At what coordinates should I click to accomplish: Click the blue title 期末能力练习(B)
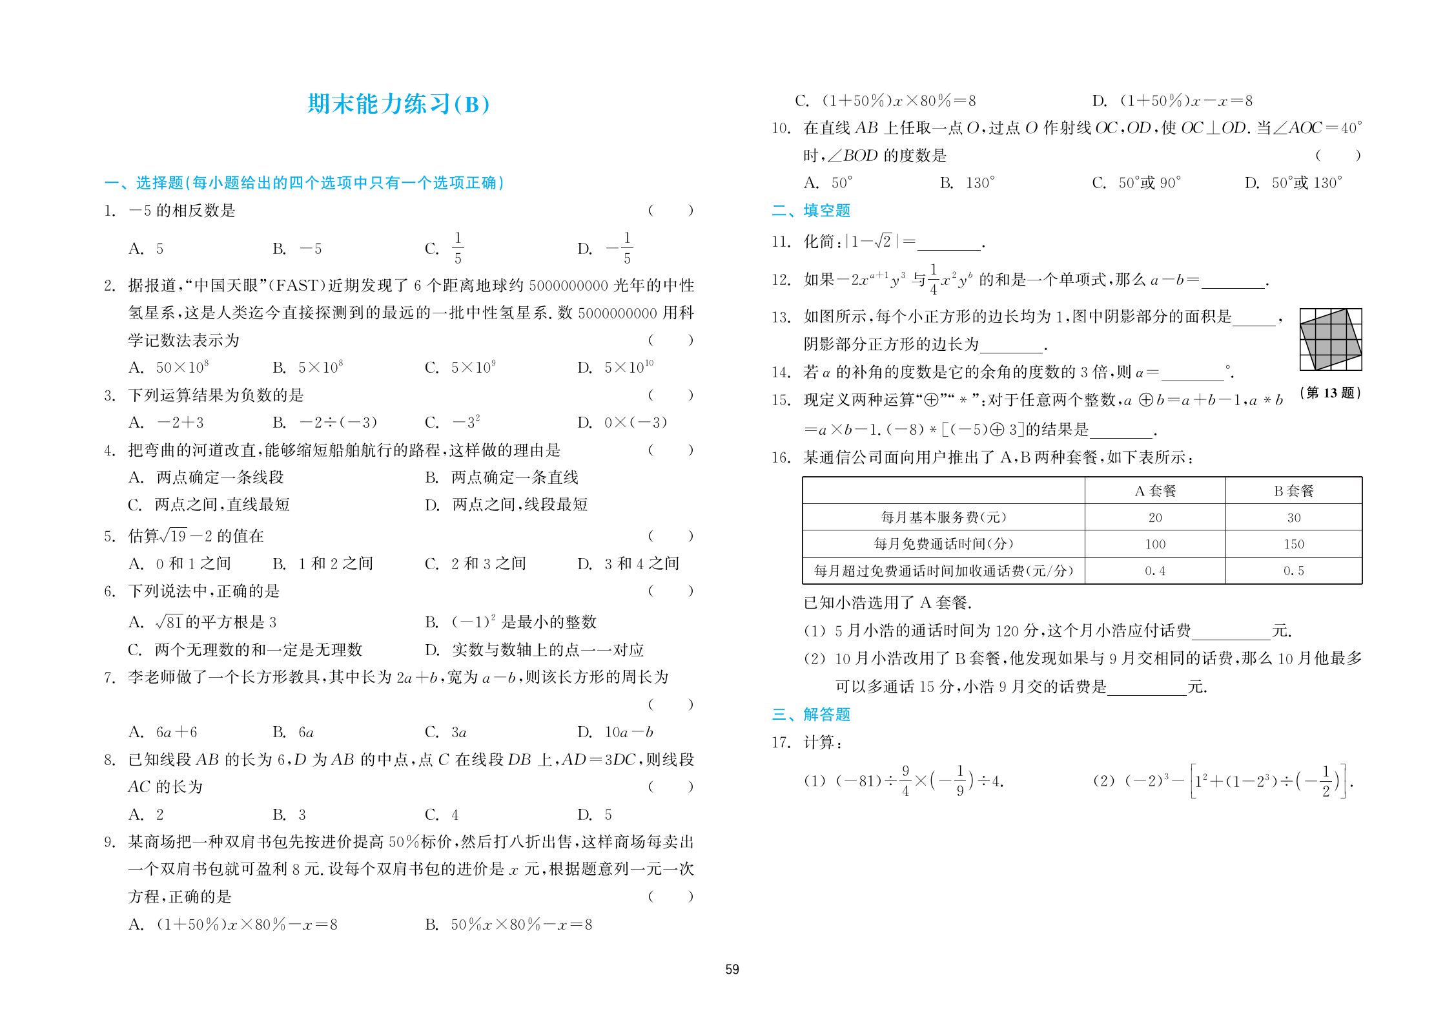[x=398, y=104]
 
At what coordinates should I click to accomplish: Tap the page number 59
[x=732, y=969]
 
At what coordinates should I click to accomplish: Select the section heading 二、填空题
[x=811, y=211]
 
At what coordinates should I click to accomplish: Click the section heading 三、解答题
[x=811, y=715]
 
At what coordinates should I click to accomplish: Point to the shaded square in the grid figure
[x=1330, y=339]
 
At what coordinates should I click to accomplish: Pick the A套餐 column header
[x=1155, y=491]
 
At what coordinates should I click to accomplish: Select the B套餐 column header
[x=1293, y=491]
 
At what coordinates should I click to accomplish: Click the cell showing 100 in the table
[x=1155, y=544]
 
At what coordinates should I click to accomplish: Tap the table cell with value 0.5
[x=1293, y=571]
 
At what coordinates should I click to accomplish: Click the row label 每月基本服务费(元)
[x=943, y=518]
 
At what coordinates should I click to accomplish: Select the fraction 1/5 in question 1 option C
[x=458, y=248]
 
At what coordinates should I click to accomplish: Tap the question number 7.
[x=109, y=678]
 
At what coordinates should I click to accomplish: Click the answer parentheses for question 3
[x=671, y=395]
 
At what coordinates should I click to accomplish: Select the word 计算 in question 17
[x=819, y=742]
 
